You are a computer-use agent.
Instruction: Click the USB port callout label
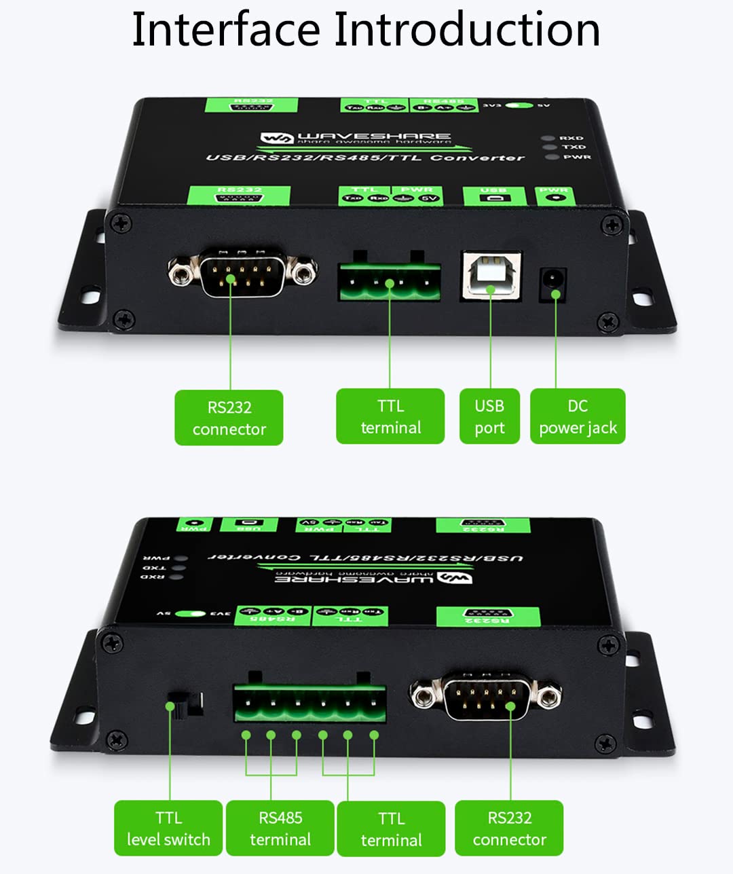(489, 416)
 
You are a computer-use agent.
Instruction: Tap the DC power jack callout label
(578, 416)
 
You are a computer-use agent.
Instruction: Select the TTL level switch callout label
(168, 828)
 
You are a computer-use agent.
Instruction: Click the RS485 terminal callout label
(280, 828)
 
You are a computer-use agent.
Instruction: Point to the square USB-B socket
(491, 274)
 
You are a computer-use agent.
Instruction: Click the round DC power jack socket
(553, 280)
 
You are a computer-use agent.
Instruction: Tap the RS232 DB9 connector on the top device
(242, 272)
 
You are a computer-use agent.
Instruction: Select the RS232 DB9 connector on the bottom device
(485, 695)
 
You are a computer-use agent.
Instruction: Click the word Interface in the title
(225, 30)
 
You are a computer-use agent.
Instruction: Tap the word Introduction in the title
(467, 30)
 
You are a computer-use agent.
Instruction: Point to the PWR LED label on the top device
(576, 157)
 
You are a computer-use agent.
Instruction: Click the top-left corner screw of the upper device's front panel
(121, 223)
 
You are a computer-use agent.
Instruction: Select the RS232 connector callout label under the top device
(229, 418)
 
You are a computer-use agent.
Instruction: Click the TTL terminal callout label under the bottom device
(391, 829)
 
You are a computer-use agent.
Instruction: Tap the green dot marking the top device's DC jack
(556, 294)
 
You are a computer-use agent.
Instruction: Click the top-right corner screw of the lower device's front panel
(609, 643)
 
